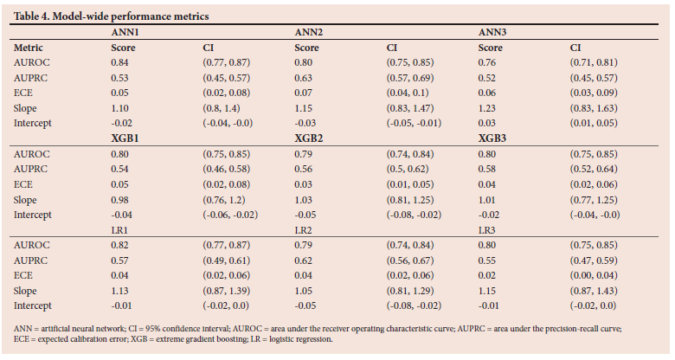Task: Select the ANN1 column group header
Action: point(126,32)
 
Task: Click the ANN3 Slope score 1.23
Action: point(489,108)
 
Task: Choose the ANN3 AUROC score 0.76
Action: point(489,62)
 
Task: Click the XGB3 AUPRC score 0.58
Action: point(489,169)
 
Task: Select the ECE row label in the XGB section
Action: point(24,184)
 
